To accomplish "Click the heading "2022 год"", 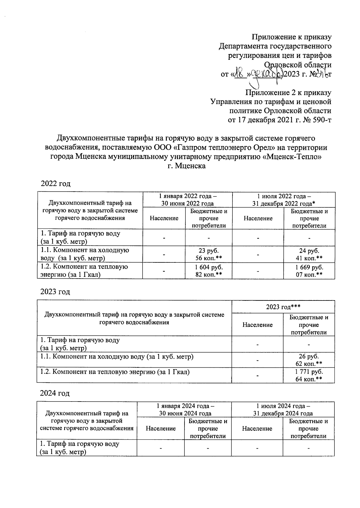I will tap(55, 184).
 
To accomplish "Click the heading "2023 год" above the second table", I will tap(55, 291).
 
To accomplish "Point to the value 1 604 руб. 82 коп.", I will tap(208, 271).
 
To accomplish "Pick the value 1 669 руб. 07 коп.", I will tap(309, 271).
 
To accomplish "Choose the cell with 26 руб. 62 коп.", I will tap(309, 360).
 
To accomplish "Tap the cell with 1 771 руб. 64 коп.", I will tap(309, 375).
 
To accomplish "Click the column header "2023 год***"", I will tap(283, 306).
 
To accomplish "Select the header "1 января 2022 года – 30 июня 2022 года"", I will tap(187, 200).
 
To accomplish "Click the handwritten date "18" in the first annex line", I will tap(240, 73).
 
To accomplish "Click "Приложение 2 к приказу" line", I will tap(288, 93).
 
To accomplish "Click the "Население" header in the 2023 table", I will tap(257, 325).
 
